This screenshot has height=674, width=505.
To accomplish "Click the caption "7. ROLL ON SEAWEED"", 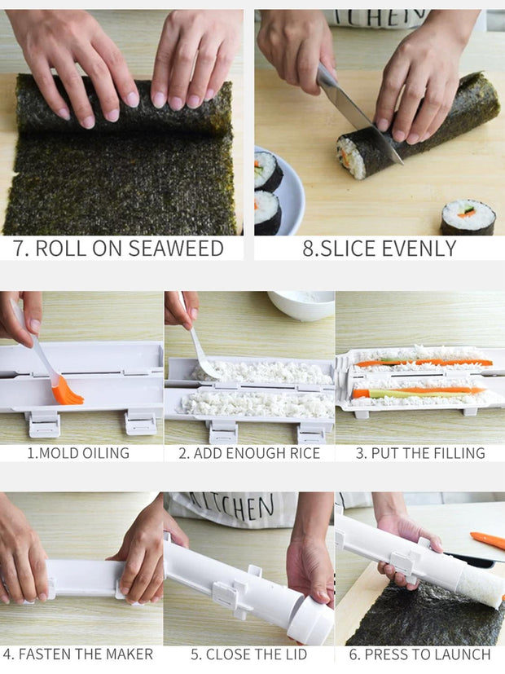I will pos(119,248).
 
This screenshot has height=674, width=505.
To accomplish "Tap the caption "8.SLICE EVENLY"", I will pos(379,248).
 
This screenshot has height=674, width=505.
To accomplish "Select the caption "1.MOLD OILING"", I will pos(78,453).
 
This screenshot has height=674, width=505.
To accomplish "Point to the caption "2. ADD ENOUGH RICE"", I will pos(249,453).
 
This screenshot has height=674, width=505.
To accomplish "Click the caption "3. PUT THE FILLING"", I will pos(419,453).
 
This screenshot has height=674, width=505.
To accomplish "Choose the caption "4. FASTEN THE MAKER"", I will pos(78,654).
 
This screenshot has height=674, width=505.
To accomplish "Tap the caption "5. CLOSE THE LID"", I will pos(248,654).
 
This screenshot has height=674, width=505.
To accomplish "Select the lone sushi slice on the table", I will pos(468,217).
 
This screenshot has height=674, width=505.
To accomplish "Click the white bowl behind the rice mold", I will pos(301,304).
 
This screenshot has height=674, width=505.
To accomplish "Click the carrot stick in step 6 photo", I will pos(487,540).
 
